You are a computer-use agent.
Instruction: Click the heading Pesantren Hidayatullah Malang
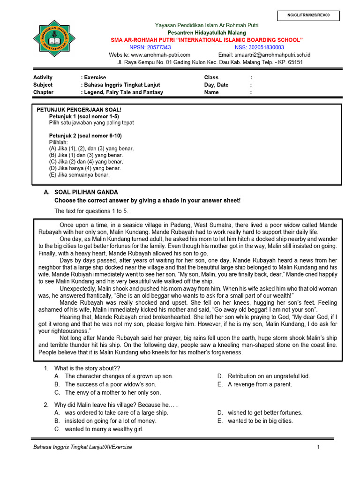point(207,32)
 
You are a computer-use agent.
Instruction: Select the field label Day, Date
point(217,85)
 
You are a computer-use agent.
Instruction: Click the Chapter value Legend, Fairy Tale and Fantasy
point(124,92)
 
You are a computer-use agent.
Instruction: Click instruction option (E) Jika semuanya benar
point(79,175)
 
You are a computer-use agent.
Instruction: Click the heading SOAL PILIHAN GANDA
point(86,192)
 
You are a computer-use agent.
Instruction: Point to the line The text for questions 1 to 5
point(91,211)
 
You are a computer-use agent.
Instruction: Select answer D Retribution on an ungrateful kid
point(269,376)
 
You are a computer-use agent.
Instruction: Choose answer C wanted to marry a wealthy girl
point(104,429)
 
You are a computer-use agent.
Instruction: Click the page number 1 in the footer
point(318,447)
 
